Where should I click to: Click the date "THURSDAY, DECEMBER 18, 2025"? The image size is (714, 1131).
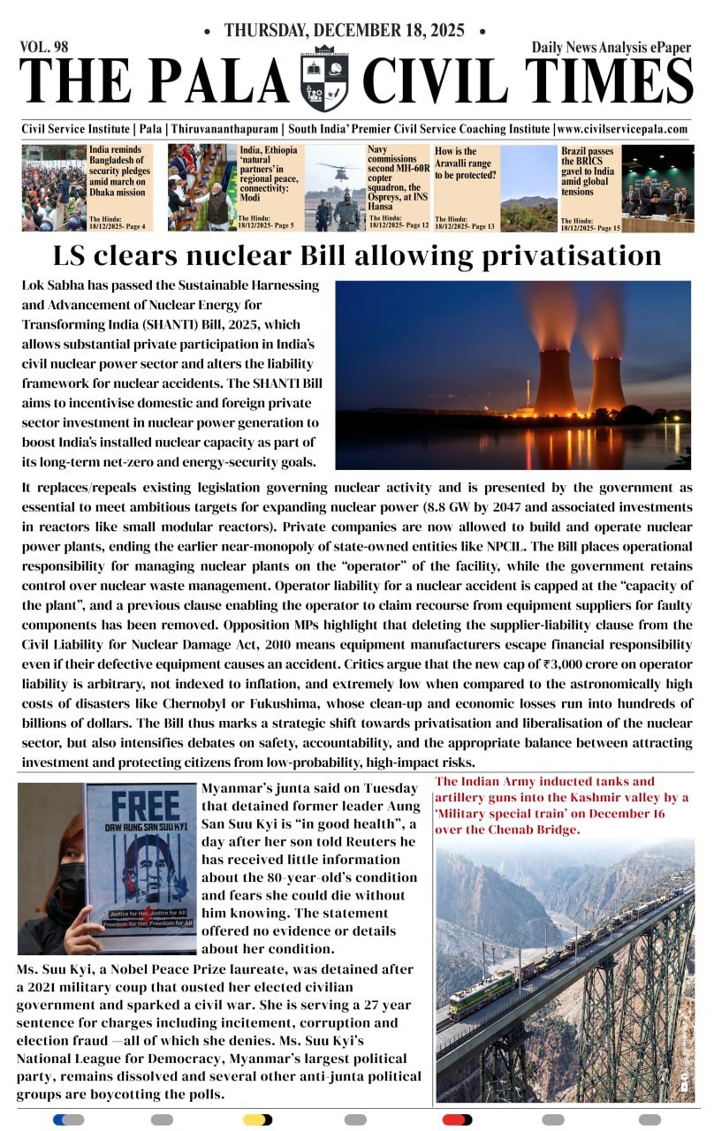[344, 31]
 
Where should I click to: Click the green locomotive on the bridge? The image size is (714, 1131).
[481, 994]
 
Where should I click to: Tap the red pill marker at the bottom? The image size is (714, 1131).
[456, 1120]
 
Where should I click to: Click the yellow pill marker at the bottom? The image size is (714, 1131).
[257, 1120]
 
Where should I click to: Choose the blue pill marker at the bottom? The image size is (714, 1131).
[68, 1120]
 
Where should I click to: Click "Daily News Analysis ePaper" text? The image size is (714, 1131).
[611, 48]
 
